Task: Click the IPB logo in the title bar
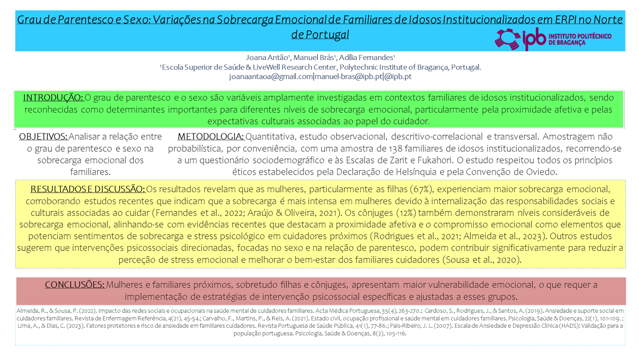(x=553, y=39)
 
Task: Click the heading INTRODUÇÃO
(x=53, y=97)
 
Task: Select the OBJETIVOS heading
(x=43, y=137)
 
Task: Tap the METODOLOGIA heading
(x=210, y=137)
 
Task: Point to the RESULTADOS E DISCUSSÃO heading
(x=87, y=189)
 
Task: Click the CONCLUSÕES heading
(x=74, y=285)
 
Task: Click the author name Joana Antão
(x=267, y=58)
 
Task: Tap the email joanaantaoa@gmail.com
(x=271, y=76)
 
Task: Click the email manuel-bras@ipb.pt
(x=348, y=76)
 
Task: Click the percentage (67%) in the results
(x=421, y=189)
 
